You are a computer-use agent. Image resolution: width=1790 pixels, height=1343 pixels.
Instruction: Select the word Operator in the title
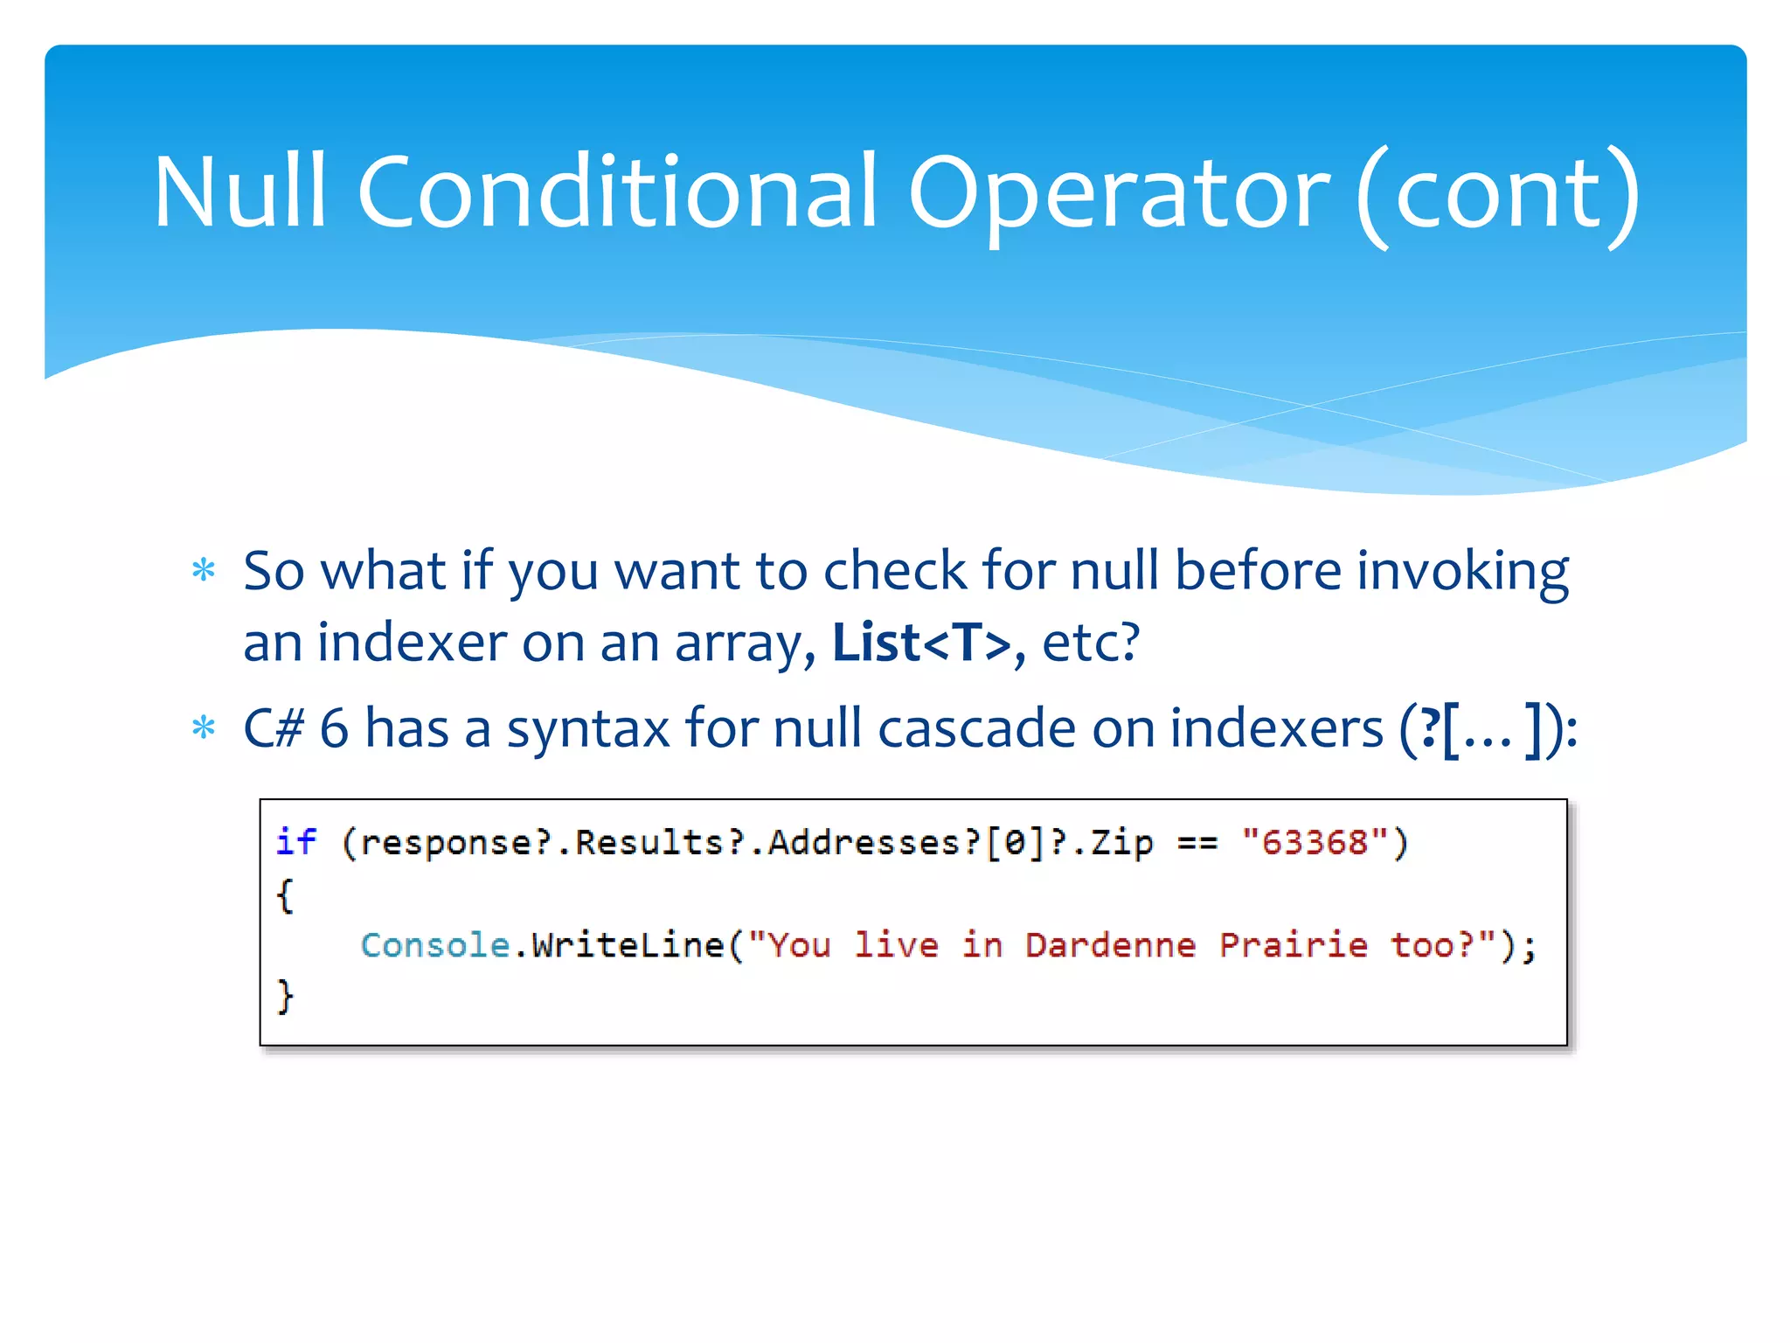(1119, 194)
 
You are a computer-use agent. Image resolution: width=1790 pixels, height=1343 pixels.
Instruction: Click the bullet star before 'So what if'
(204, 571)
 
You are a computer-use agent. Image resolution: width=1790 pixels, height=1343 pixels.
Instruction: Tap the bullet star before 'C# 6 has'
(204, 727)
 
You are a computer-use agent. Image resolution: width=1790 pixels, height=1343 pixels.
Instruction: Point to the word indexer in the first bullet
(411, 643)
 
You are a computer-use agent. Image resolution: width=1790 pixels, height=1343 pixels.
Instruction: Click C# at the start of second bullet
(274, 728)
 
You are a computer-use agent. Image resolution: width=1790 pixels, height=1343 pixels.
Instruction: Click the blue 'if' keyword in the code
(295, 841)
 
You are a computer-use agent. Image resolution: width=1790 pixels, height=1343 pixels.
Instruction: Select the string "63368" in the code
(1314, 842)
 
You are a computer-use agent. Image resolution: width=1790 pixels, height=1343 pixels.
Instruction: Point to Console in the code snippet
(434, 945)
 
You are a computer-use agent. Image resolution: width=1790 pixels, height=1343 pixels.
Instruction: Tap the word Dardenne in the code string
(1110, 945)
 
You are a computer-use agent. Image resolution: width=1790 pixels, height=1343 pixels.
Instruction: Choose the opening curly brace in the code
(285, 894)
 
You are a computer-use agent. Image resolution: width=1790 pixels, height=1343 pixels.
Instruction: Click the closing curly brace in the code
(285, 996)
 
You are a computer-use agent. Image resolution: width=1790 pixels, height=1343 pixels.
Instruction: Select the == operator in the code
(1197, 843)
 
